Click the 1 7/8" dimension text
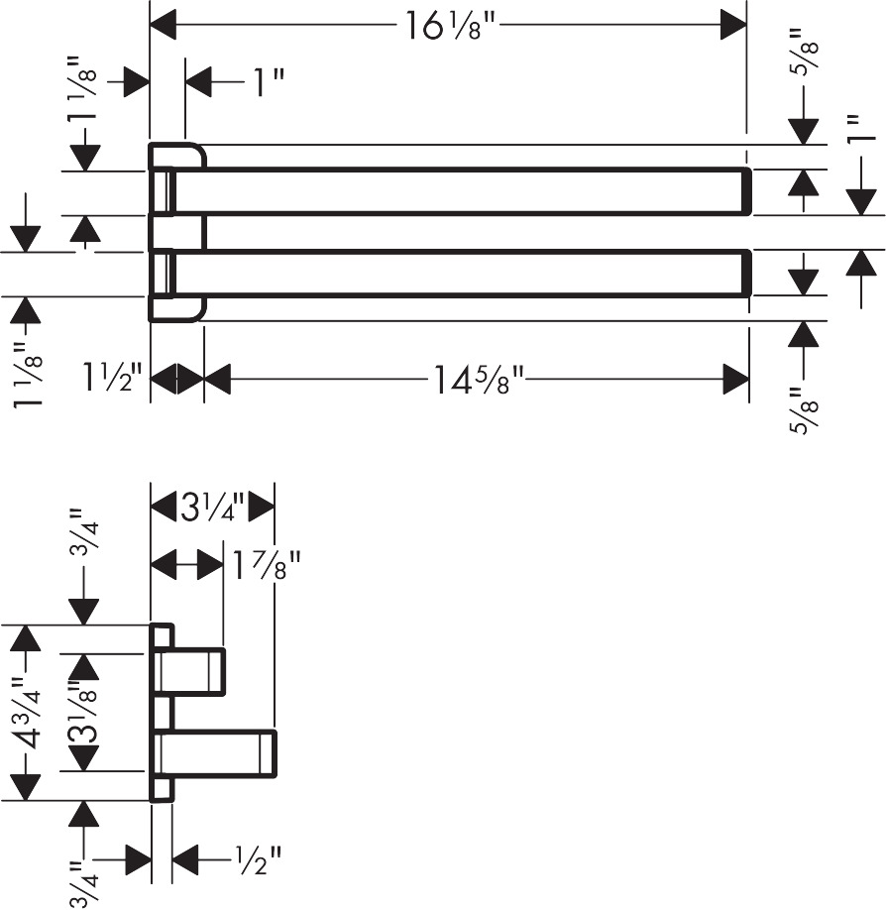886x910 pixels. pyautogui.click(x=267, y=567)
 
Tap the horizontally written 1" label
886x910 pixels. pyautogui.click(x=262, y=82)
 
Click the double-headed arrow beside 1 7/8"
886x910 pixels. pyautogui.click(x=186, y=567)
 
